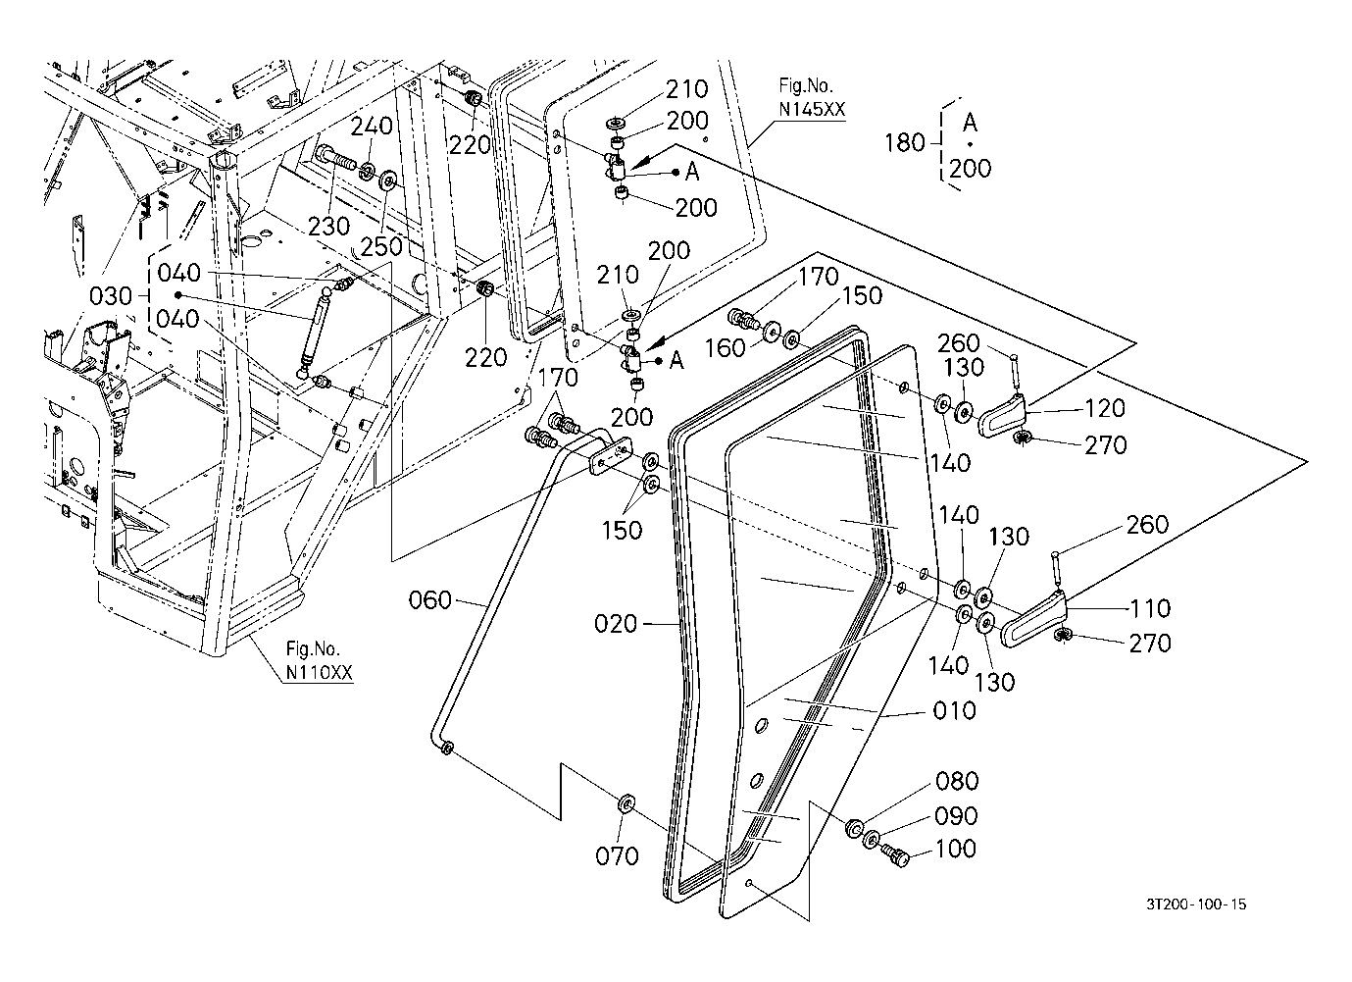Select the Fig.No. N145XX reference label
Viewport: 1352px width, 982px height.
click(x=811, y=99)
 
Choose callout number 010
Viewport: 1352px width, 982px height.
click(x=954, y=710)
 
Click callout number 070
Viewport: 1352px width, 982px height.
click(x=617, y=856)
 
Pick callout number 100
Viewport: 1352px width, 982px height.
click(x=956, y=849)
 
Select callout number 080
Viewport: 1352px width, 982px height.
click(x=956, y=781)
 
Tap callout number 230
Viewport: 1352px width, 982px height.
click(x=327, y=226)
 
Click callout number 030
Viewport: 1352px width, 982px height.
click(x=110, y=295)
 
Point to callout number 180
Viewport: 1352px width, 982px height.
click(x=904, y=143)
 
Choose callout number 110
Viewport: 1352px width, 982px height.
click(x=1149, y=608)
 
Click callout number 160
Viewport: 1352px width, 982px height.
click(x=726, y=349)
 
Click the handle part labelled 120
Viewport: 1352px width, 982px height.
click(x=1002, y=416)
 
